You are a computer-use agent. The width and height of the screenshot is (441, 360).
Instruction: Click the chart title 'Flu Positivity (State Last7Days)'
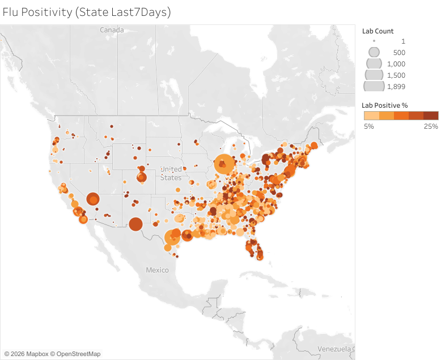point(87,11)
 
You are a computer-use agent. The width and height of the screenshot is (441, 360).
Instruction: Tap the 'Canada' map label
point(112,29)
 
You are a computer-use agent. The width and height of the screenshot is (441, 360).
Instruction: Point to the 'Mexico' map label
point(157,270)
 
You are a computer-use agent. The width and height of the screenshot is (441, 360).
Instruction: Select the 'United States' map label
point(171,173)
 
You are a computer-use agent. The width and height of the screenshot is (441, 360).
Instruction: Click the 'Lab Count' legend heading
point(378,31)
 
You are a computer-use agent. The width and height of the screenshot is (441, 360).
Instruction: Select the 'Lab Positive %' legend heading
point(385,105)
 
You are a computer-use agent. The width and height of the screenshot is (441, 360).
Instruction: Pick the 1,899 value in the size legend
point(396,86)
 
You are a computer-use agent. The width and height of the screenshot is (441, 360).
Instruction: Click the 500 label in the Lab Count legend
point(399,52)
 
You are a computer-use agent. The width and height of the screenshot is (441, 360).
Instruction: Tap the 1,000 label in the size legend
point(396,63)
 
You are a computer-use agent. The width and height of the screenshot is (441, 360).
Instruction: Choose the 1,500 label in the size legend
point(396,75)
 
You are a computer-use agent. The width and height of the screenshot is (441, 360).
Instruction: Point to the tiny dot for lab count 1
point(374,41)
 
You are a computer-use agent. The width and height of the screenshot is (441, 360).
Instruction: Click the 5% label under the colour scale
point(368,126)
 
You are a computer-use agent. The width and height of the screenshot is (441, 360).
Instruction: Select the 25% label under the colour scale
point(431,126)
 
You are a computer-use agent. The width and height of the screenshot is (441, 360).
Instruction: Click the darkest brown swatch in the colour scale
point(431,116)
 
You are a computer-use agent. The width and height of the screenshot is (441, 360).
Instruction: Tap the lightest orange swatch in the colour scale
point(371,116)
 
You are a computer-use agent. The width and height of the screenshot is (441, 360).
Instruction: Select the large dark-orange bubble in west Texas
point(135,224)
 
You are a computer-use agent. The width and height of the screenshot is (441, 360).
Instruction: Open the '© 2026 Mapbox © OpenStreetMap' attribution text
point(52,354)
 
